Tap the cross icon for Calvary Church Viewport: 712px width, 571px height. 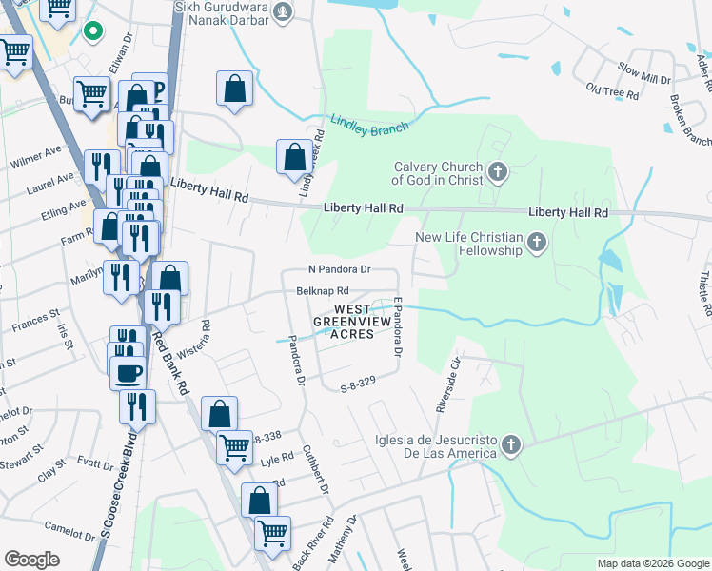[497, 173]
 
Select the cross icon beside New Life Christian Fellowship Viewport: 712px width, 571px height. [537, 242]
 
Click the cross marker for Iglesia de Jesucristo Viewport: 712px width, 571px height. [511, 444]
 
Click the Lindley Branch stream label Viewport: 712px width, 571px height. [370, 125]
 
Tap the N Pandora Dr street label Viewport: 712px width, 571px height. [339, 270]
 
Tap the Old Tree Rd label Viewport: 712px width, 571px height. [612, 91]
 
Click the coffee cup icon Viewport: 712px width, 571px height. [129, 372]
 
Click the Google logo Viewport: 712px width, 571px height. [32, 559]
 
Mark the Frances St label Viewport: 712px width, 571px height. [35, 318]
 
